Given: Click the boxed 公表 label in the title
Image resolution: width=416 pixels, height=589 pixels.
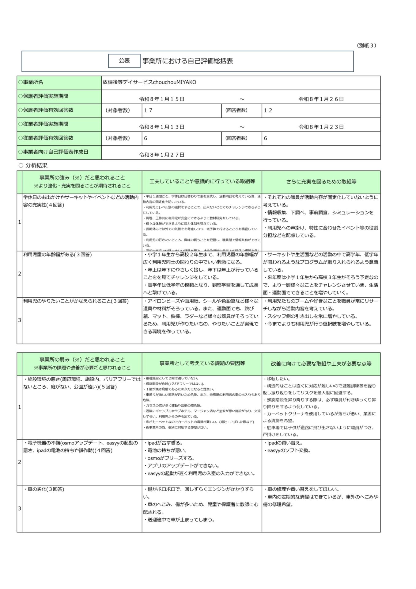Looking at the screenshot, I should [x=124, y=61].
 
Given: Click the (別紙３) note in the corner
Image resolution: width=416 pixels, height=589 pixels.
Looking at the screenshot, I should [x=366, y=45].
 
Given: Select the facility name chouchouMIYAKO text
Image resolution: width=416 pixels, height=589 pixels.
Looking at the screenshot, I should [x=149, y=82].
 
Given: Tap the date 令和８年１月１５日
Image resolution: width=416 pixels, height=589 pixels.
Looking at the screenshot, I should [x=162, y=99].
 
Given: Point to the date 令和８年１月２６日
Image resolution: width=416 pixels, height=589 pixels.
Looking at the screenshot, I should [x=321, y=99].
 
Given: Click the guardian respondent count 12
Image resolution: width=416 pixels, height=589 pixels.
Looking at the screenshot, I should [x=268, y=110].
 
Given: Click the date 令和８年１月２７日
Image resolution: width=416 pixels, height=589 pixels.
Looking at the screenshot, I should [x=162, y=155].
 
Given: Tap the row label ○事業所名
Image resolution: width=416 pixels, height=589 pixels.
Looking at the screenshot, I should [x=31, y=82].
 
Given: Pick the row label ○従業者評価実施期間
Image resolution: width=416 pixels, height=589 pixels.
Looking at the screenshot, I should [x=43, y=124].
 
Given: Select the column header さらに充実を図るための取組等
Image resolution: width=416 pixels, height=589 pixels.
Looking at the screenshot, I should [x=321, y=182].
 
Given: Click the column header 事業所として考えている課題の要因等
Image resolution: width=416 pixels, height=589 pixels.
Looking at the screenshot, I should [x=202, y=364].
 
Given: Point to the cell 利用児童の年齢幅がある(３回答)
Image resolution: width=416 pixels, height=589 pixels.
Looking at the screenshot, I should [x=57, y=255].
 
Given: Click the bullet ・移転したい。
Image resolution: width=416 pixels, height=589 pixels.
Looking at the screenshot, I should [x=277, y=379].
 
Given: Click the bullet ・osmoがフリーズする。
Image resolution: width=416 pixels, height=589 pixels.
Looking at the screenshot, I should [x=169, y=458].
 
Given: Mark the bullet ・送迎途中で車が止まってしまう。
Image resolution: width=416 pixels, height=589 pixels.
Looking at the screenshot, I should [x=179, y=520].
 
